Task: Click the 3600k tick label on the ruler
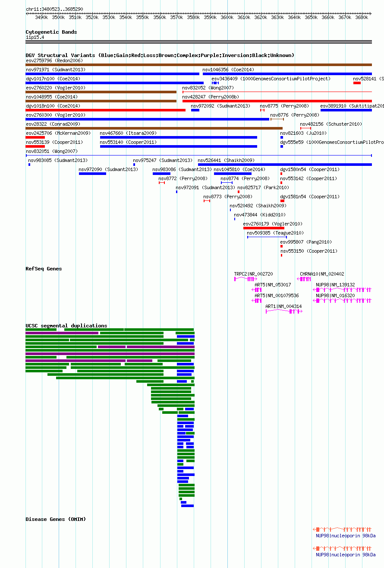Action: pyautogui.click(x=227, y=18)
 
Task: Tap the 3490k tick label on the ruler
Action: pyautogui.click(x=41, y=18)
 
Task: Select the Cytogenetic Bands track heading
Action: pyautogui.click(x=51, y=32)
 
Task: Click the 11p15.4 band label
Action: pyautogui.click(x=35, y=37)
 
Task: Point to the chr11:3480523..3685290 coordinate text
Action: pyautogui.click(x=54, y=9)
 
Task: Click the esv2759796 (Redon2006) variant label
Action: pyautogui.click(x=54, y=60)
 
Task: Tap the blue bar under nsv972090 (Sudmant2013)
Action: pyautogui.click(x=92, y=174)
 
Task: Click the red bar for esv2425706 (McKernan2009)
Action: pyautogui.click(x=35, y=137)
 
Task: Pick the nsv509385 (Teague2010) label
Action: pyautogui.click(x=275, y=233)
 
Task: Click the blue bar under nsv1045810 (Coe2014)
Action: pyautogui.click(x=233, y=174)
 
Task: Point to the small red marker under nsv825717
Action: pyautogui.click(x=239, y=192)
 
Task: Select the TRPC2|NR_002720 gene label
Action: pyautogui.click(x=254, y=274)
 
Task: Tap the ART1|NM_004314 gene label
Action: pyautogui.click(x=283, y=306)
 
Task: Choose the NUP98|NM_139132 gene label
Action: pyautogui.click(x=335, y=285)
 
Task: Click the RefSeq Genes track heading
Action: pyautogui.click(x=44, y=269)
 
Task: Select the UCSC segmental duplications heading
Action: pyautogui.click(x=66, y=326)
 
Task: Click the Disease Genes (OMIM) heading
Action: pyautogui.click(x=56, y=519)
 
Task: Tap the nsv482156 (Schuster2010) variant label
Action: pyautogui.click(x=331, y=124)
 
